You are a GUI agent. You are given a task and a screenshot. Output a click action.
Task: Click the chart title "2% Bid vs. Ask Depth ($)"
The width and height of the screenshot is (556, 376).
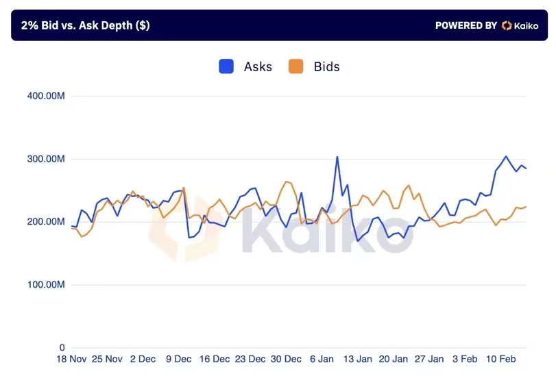[x=85, y=25]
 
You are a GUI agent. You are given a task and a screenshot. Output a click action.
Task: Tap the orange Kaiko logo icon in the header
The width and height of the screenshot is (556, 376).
[x=507, y=25]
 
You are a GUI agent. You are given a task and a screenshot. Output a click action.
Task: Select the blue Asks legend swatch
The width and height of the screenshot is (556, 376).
[x=227, y=66]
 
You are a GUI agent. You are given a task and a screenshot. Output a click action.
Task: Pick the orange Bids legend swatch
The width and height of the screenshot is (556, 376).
[x=296, y=66]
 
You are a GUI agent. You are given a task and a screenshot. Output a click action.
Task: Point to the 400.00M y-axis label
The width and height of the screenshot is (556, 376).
[x=46, y=96]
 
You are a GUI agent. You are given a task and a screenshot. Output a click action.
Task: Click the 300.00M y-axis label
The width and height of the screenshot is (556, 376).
[x=46, y=159]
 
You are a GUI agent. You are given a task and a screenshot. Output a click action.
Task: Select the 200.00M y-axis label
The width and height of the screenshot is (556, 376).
[x=46, y=222]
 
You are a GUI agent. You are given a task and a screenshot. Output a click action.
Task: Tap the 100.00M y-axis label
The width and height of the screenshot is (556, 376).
[x=46, y=285]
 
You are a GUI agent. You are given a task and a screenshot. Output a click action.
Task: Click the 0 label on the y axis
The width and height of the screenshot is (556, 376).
[x=62, y=348]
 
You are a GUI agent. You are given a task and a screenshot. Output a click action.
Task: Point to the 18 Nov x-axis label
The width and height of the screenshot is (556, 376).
[x=71, y=359]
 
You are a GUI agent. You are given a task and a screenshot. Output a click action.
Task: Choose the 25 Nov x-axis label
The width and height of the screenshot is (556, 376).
[x=107, y=359]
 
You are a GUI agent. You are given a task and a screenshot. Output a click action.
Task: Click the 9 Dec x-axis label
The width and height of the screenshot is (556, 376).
[x=178, y=359]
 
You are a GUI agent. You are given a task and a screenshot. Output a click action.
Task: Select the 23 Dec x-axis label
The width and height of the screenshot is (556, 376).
[x=250, y=359]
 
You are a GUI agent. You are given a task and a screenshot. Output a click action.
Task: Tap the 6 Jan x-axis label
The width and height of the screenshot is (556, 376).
[x=322, y=359]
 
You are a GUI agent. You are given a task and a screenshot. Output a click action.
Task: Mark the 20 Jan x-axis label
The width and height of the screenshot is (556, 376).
[x=393, y=359]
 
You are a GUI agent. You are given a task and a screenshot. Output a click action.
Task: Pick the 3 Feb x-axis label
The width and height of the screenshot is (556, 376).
[x=464, y=359]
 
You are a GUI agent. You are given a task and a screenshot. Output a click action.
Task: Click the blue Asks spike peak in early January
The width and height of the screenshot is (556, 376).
[x=337, y=157]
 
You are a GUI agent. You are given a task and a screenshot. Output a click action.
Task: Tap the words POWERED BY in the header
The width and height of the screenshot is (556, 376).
[x=466, y=25]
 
